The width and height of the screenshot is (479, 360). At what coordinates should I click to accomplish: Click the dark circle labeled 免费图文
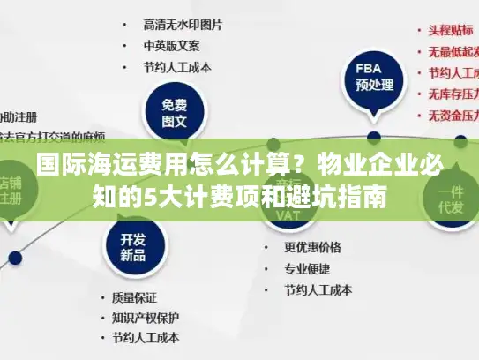click(x=175, y=108)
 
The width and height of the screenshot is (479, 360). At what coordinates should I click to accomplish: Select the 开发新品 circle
click(x=133, y=244)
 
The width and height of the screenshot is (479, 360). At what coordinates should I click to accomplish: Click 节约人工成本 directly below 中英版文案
click(x=177, y=66)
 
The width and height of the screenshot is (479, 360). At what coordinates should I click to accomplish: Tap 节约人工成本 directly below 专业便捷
click(x=318, y=289)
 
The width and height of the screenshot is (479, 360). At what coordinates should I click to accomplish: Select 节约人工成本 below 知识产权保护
click(x=145, y=338)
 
